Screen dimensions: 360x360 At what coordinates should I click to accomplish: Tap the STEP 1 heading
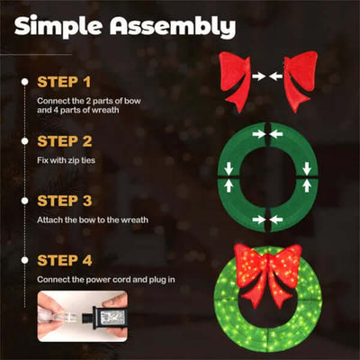pyautogui.click(x=64, y=81)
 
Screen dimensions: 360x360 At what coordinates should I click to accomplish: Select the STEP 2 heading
pyautogui.click(x=64, y=140)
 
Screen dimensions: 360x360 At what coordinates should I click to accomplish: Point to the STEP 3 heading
pyautogui.click(x=64, y=200)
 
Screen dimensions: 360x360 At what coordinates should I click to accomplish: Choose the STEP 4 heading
pyautogui.click(x=64, y=260)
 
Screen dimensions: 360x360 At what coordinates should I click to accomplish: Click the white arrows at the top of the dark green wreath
pyautogui.click(x=267, y=135)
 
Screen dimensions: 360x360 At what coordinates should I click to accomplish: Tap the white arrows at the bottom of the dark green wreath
pyautogui.click(x=267, y=219)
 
